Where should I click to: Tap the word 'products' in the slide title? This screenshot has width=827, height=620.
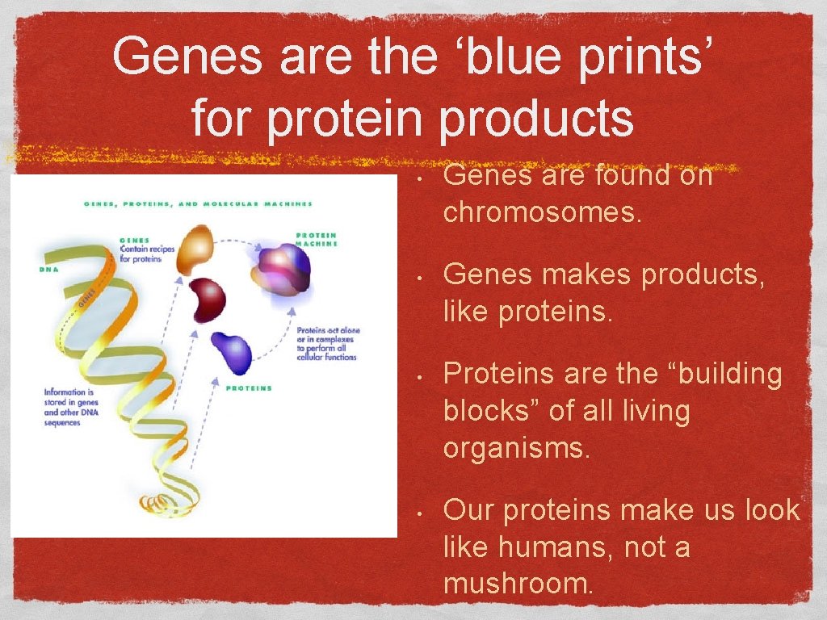coord(536,118)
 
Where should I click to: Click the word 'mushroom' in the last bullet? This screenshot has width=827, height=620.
coord(518,583)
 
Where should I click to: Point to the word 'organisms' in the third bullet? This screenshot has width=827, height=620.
coord(517,447)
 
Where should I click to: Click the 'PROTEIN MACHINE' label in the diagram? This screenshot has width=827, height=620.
coord(317,240)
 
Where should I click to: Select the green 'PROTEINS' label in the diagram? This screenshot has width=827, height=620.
coord(249,388)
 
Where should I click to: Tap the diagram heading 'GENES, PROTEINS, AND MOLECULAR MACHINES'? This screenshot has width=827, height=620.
coord(198,203)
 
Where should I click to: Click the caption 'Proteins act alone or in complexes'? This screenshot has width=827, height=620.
coord(327,344)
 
